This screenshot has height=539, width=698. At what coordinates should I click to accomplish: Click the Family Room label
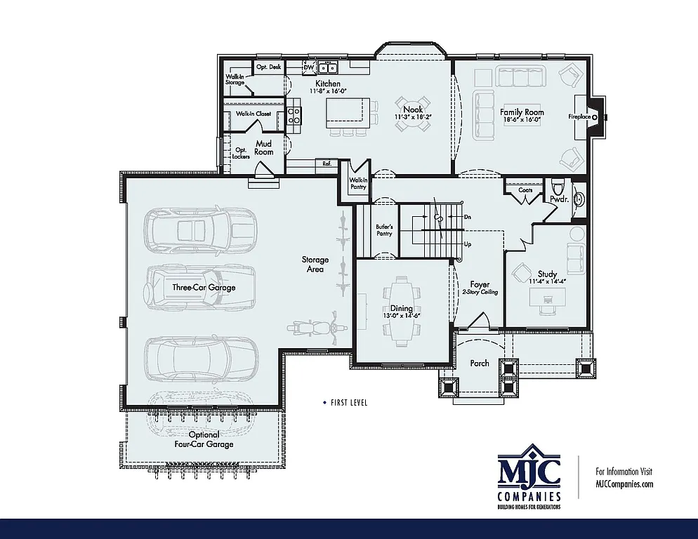522,112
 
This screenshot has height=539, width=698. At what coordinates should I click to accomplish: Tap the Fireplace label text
579,117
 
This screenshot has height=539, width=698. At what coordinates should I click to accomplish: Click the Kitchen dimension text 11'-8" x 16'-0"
329,91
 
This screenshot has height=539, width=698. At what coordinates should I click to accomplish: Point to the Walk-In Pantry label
358,184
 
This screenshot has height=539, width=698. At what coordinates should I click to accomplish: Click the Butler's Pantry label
384,229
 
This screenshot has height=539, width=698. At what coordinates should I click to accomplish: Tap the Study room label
548,274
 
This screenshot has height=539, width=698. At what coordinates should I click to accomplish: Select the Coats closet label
525,190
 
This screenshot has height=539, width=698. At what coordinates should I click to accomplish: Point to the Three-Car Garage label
204,287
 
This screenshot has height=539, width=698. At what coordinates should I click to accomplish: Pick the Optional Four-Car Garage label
204,439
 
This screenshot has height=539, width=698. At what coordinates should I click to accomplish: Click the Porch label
480,364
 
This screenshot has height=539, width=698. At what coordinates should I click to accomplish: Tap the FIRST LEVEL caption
348,403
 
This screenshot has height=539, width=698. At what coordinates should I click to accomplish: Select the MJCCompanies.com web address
624,484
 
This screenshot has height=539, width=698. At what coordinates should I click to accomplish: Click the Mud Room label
263,148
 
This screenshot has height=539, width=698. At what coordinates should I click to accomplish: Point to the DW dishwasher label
308,67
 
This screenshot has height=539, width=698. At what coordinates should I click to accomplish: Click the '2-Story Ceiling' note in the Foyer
480,292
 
